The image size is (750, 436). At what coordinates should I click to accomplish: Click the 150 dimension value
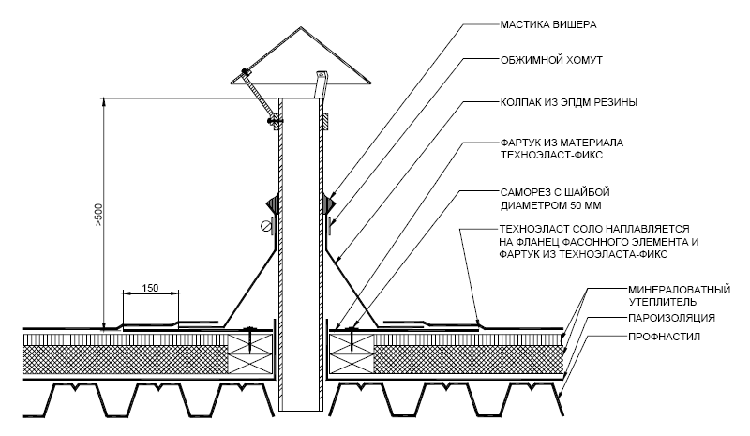(x=150, y=288)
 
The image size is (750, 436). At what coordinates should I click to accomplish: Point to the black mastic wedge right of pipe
(x=330, y=203)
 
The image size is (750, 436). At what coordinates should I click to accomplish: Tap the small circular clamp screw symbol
(x=265, y=225)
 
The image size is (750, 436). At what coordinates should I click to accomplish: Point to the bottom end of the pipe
(x=300, y=411)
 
